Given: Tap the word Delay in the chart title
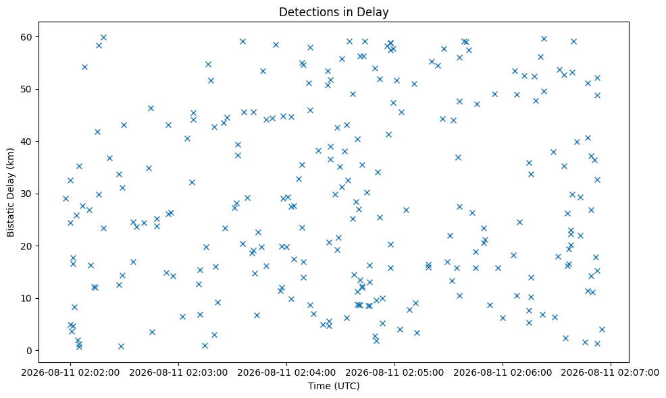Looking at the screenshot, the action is click(x=376, y=13).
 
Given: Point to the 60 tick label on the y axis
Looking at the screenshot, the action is click(x=27, y=37).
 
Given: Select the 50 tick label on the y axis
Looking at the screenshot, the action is click(x=27, y=89).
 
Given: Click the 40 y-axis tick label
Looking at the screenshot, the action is click(x=27, y=141).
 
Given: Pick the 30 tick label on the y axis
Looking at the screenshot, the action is click(x=27, y=194).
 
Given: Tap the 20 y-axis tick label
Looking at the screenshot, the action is click(x=27, y=246).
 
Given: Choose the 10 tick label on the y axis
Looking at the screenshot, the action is click(x=27, y=298).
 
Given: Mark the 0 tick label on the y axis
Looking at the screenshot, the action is click(x=30, y=351).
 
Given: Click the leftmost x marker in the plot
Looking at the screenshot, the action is click(x=66, y=198).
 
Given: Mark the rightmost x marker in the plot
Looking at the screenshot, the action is click(x=602, y=329).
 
